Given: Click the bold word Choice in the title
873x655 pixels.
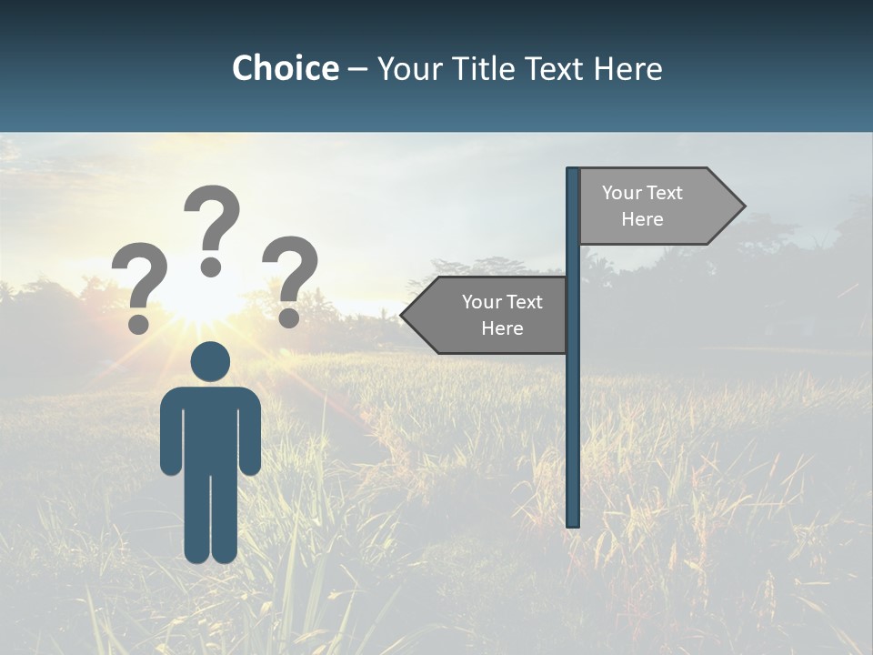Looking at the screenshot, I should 285,68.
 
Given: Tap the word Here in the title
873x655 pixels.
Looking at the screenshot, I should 627,68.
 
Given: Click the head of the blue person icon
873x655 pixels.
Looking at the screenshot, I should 210,360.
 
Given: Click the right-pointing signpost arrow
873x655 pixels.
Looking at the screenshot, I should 655,206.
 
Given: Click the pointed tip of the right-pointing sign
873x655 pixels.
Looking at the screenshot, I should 742,206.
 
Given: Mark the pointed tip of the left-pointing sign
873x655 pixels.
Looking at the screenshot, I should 405,316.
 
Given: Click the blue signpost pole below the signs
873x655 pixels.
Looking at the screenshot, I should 572,437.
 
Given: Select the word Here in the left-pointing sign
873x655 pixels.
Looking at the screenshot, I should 502,328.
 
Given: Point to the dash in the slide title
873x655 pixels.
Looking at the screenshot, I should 357,69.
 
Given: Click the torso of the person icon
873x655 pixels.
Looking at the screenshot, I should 210,428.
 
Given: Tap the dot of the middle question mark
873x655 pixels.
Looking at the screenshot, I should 211,267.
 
